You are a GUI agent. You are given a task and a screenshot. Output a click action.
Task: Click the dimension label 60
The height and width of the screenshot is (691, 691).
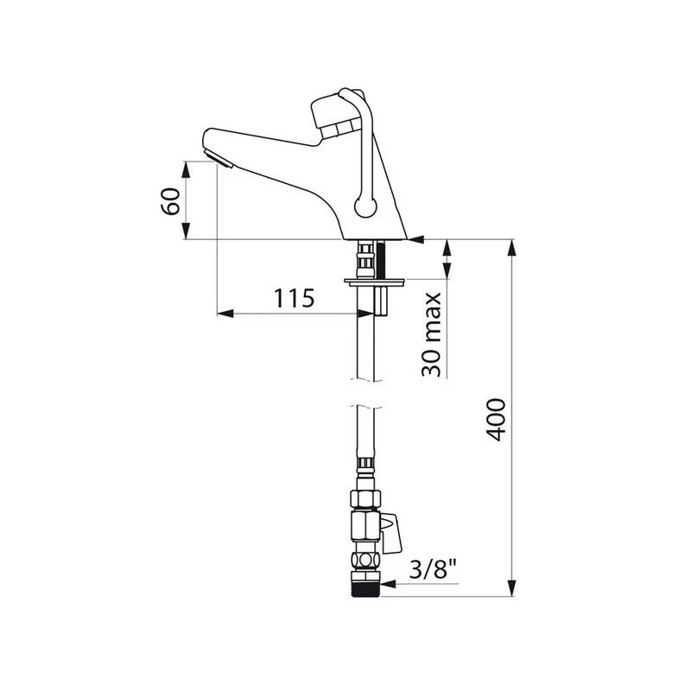(x=170, y=201)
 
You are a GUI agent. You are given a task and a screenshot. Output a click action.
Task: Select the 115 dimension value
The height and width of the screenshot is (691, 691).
(x=294, y=298)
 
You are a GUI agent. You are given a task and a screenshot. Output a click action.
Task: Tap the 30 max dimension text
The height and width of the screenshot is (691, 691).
(x=431, y=334)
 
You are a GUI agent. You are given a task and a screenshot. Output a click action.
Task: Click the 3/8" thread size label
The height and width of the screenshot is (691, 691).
(x=433, y=569)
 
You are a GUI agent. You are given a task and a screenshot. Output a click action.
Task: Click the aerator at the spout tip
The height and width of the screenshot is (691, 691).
(x=219, y=159)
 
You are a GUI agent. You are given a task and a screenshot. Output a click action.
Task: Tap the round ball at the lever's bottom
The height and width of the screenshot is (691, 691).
(x=366, y=207)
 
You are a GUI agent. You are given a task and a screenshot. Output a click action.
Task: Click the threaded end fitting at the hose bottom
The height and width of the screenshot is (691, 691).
(x=365, y=585)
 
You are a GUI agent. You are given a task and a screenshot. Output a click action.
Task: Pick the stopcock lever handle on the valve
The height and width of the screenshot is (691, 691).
(x=392, y=532)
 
